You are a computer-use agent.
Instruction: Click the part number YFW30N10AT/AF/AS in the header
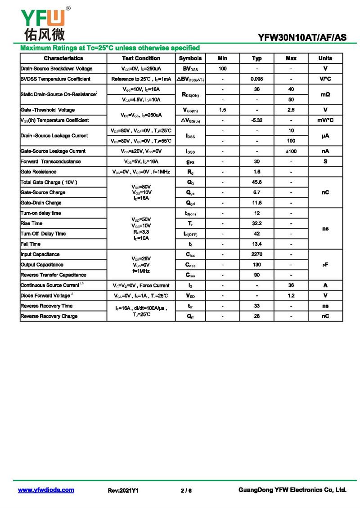pyautogui.click(x=302, y=38)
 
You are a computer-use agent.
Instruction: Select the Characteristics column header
pyautogui.click(x=63, y=58)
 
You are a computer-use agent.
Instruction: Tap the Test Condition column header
pyautogui.click(x=141, y=58)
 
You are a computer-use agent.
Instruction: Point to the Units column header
pyautogui.click(x=325, y=58)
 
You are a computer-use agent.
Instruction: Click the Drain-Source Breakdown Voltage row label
pyautogui.click(x=57, y=69)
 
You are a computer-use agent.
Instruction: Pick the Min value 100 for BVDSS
pyautogui.click(x=222, y=69)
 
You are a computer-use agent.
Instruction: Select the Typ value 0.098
pyautogui.click(x=256, y=79)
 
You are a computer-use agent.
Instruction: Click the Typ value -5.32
pyautogui.click(x=256, y=120)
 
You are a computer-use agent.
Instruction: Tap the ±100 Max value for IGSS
pyautogui.click(x=291, y=152)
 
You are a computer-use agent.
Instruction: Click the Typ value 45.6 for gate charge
pyautogui.click(x=256, y=182)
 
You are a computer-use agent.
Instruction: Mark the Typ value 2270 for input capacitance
pyautogui.click(x=256, y=254)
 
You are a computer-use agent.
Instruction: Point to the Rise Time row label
pyautogui.click(x=31, y=223)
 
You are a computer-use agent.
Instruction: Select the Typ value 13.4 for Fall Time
pyautogui.click(x=256, y=244)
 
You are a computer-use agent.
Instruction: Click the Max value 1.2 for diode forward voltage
pyautogui.click(x=291, y=296)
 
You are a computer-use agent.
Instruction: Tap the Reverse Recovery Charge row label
pyautogui.click(x=49, y=316)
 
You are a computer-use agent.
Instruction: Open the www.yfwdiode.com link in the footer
pyautogui.click(x=46, y=490)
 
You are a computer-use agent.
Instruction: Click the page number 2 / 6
pyautogui.click(x=186, y=490)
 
